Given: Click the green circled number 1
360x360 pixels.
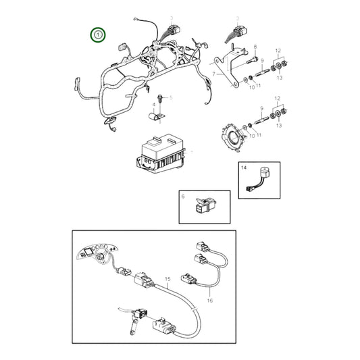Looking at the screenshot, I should coord(99,33).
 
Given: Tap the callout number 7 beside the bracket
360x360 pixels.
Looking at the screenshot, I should coord(213,72).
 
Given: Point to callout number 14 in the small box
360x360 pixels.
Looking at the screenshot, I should coord(244,168).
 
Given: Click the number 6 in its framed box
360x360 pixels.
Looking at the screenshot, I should coord(182,196).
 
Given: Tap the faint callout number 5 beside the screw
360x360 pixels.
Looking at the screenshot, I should coord(171,98).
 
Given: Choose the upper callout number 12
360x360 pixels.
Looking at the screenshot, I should coord(277,51).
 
